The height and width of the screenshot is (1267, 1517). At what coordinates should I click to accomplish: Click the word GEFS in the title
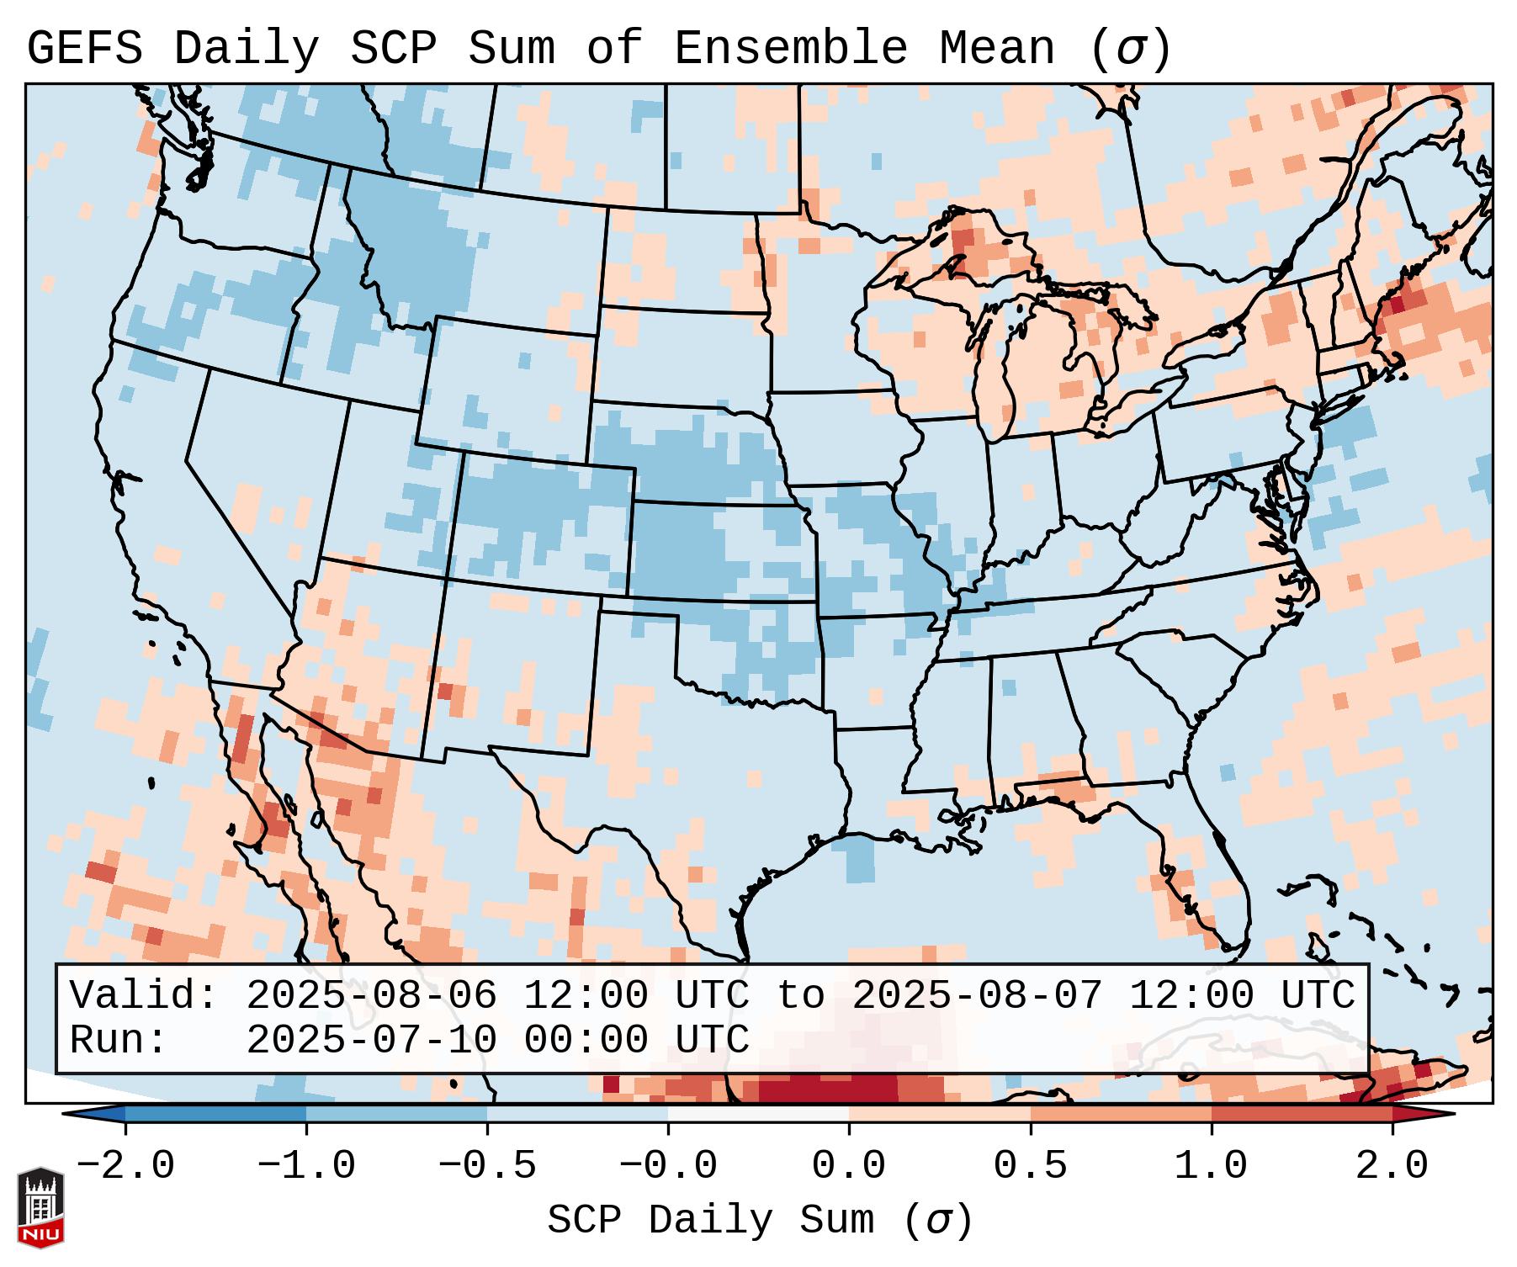click(x=84, y=49)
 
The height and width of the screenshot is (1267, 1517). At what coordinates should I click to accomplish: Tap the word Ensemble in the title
click(x=791, y=49)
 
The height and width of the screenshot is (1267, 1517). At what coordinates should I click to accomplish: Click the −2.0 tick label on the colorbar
click(x=125, y=1166)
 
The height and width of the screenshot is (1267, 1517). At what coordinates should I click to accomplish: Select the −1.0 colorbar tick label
click(x=306, y=1166)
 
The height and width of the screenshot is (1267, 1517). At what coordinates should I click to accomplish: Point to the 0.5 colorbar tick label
click(x=1030, y=1166)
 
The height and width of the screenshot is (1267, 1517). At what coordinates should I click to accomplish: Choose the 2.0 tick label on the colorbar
click(x=1392, y=1166)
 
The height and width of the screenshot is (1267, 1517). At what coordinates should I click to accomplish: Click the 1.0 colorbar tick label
click(x=1211, y=1166)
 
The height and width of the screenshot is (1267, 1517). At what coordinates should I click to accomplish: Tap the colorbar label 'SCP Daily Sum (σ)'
click(x=760, y=1220)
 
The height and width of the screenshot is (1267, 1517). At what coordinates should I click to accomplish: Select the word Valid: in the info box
click(x=143, y=995)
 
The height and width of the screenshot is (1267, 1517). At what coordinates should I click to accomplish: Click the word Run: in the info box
click(x=118, y=1040)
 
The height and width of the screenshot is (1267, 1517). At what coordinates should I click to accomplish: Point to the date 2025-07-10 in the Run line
click(x=370, y=1040)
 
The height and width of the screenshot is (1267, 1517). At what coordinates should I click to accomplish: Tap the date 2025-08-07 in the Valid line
click(x=977, y=995)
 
